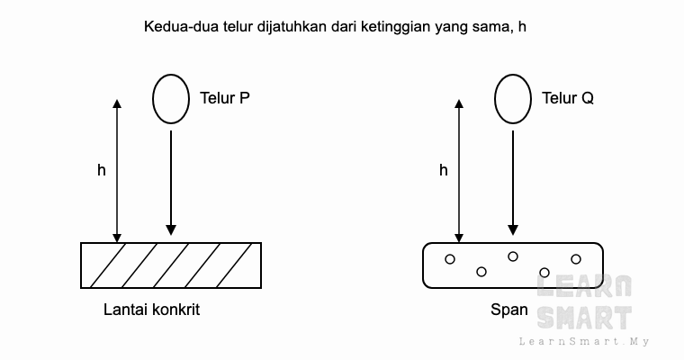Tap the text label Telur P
click(x=225, y=98)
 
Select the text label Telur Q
click(x=568, y=98)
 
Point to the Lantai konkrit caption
click(x=151, y=310)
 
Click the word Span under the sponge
click(x=509, y=310)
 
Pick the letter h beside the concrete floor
click(x=101, y=170)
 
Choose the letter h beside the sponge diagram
click(x=443, y=170)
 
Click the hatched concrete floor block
click(x=171, y=265)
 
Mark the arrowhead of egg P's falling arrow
click(x=171, y=230)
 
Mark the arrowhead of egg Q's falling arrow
click(x=513, y=230)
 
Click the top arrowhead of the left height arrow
click(x=117, y=103)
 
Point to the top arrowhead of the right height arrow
click(x=459, y=103)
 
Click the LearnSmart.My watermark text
click(x=584, y=341)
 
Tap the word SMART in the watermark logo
click(x=584, y=318)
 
